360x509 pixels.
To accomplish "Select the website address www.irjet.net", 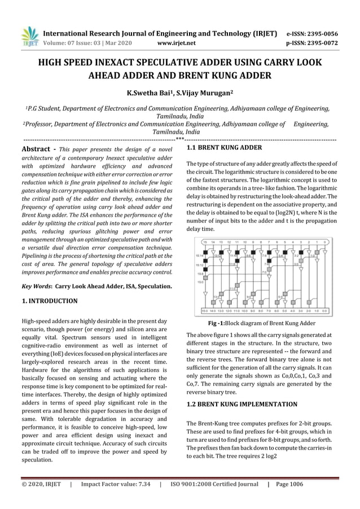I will tap(177, 42).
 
